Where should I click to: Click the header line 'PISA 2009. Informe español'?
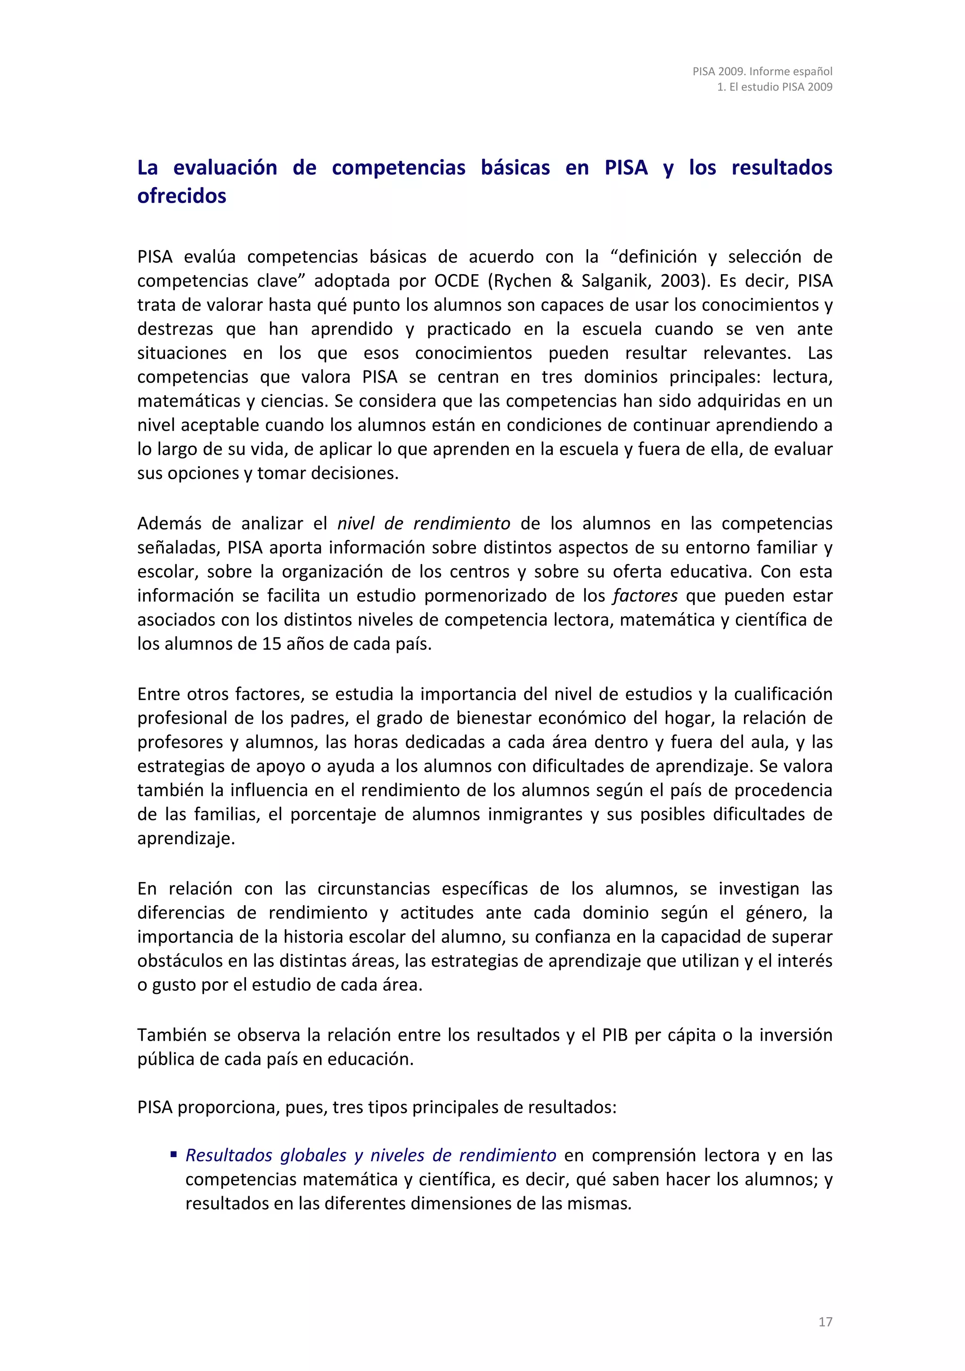762,71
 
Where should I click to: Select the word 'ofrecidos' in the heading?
181,196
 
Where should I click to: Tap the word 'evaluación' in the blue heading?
225,168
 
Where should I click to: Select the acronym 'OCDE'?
457,281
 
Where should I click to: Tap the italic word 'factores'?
645,596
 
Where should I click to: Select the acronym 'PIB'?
614,1035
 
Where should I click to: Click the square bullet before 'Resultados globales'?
174,1154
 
